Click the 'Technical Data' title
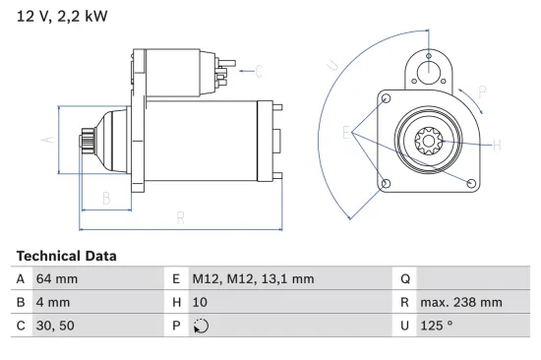(x=66, y=256)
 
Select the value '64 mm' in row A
(x=57, y=279)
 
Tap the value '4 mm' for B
(x=53, y=303)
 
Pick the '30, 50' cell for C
(x=55, y=327)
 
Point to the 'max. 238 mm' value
(x=461, y=303)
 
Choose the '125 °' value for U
(x=439, y=327)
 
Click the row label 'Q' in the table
(x=405, y=279)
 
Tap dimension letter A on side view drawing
(x=45, y=141)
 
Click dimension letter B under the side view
(x=106, y=197)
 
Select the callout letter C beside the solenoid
(x=260, y=71)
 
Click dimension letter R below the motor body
(x=180, y=216)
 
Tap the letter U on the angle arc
(x=332, y=65)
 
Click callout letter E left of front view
(x=345, y=133)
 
